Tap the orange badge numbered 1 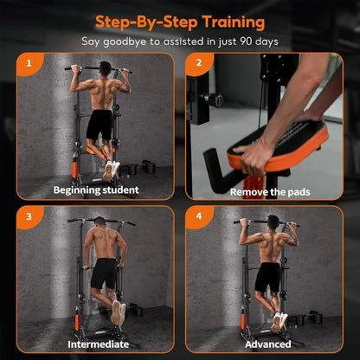(x=29, y=62)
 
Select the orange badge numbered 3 (x=29, y=215)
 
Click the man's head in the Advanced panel (x=273, y=222)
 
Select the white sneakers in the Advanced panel (x=278, y=321)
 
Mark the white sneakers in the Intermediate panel (x=117, y=312)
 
